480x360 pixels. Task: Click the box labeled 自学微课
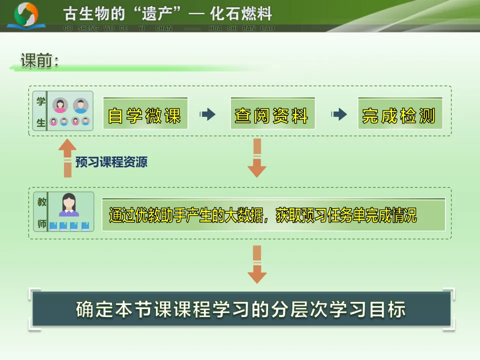pos(145,114)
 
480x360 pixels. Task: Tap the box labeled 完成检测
pos(399,114)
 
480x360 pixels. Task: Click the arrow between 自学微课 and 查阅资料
pos(207,114)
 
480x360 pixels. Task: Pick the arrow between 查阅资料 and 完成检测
pos(339,114)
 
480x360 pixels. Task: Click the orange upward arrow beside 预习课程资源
pos(67,157)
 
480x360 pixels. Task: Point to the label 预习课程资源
pos(111,162)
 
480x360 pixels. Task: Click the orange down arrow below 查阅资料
pos(257,158)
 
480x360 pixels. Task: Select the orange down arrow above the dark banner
pos(257,264)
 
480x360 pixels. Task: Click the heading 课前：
pos(40,61)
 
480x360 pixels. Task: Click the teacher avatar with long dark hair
pos(69,204)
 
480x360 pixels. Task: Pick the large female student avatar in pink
pos(60,105)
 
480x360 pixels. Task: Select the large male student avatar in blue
pos(80,105)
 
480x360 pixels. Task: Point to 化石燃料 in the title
pos(241,14)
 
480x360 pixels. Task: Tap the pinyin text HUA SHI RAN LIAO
pos(241,28)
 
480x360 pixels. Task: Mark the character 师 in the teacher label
pos(41,223)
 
